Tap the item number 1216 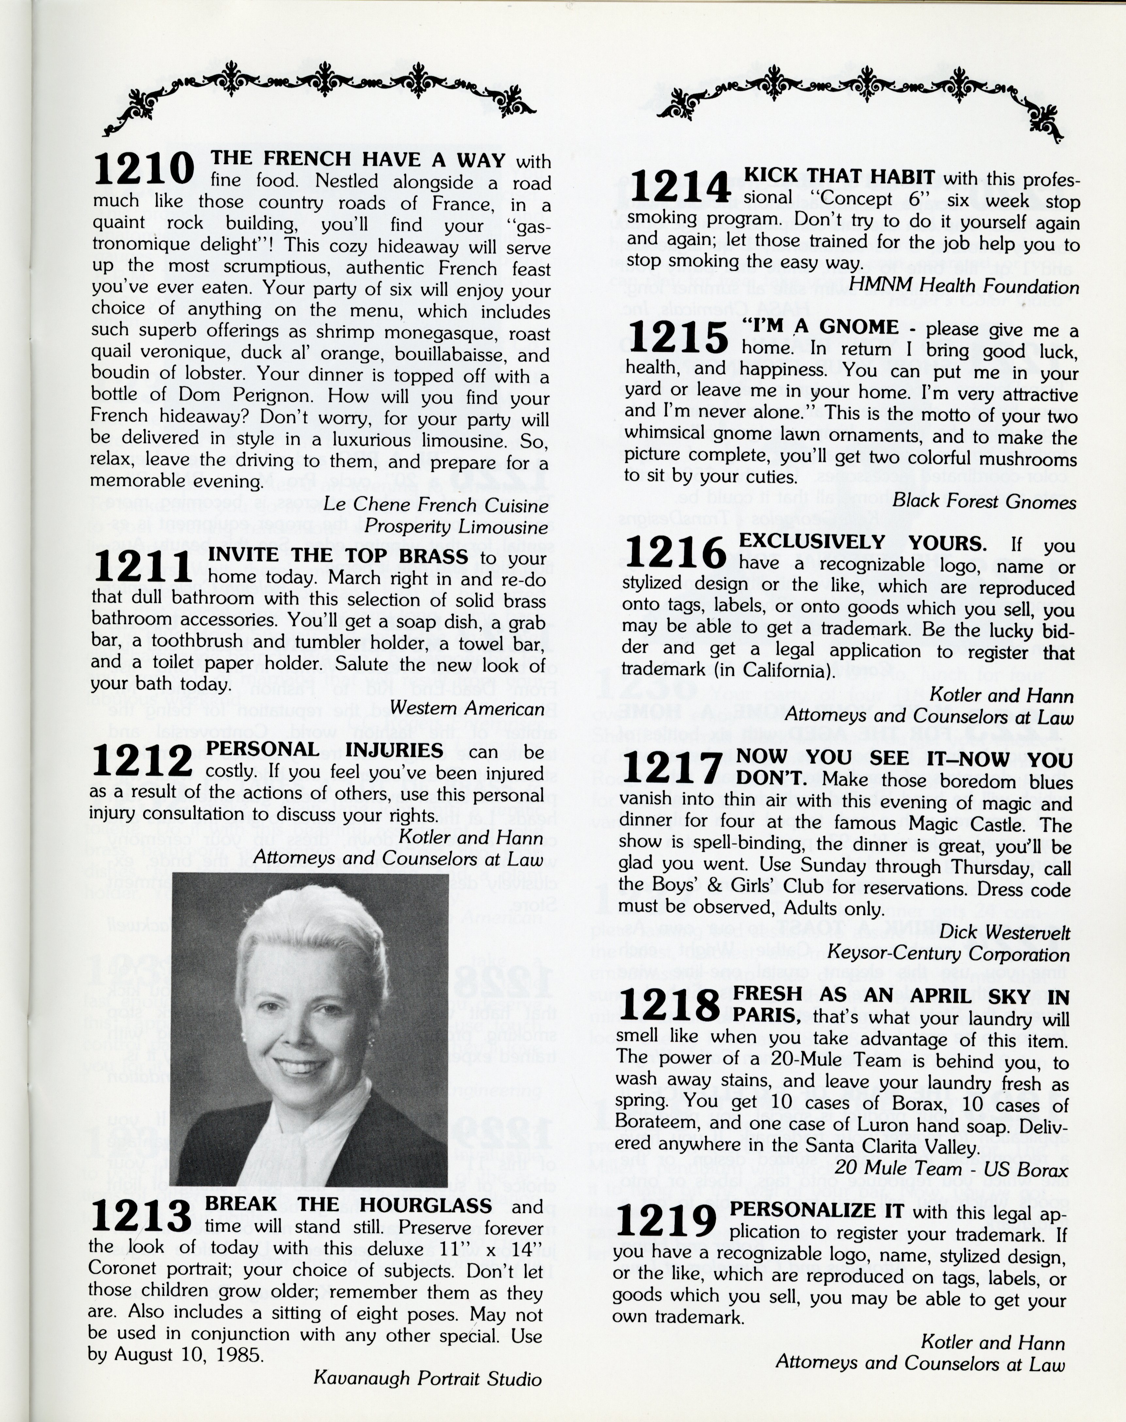pyautogui.click(x=675, y=552)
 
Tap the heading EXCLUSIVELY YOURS pyautogui.click(x=862, y=543)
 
